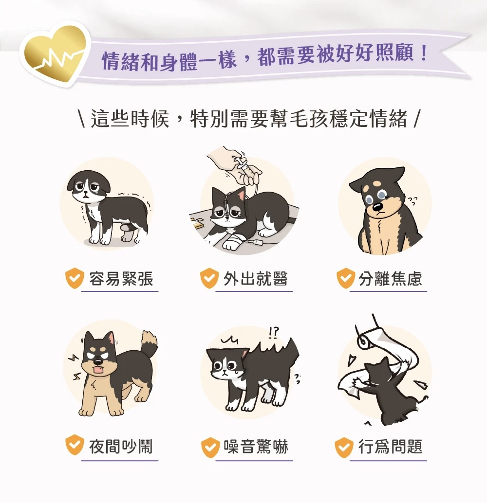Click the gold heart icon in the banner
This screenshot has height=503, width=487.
click(x=55, y=54)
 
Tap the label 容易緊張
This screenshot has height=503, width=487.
click(x=121, y=278)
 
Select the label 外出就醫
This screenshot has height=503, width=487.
click(x=256, y=278)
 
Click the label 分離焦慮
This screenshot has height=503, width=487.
click(x=390, y=278)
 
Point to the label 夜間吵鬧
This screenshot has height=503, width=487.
click(x=121, y=446)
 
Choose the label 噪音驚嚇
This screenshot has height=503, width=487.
click(x=256, y=446)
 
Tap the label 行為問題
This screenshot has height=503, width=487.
click(x=390, y=446)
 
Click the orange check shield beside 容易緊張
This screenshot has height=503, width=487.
click(x=75, y=278)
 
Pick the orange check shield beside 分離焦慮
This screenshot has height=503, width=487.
click(x=346, y=278)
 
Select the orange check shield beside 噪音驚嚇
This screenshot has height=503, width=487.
click(x=210, y=447)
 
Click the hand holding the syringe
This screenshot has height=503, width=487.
click(x=236, y=165)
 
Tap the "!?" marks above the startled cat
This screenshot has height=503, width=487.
click(x=274, y=333)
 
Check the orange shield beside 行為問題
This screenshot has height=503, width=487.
click(x=344, y=447)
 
